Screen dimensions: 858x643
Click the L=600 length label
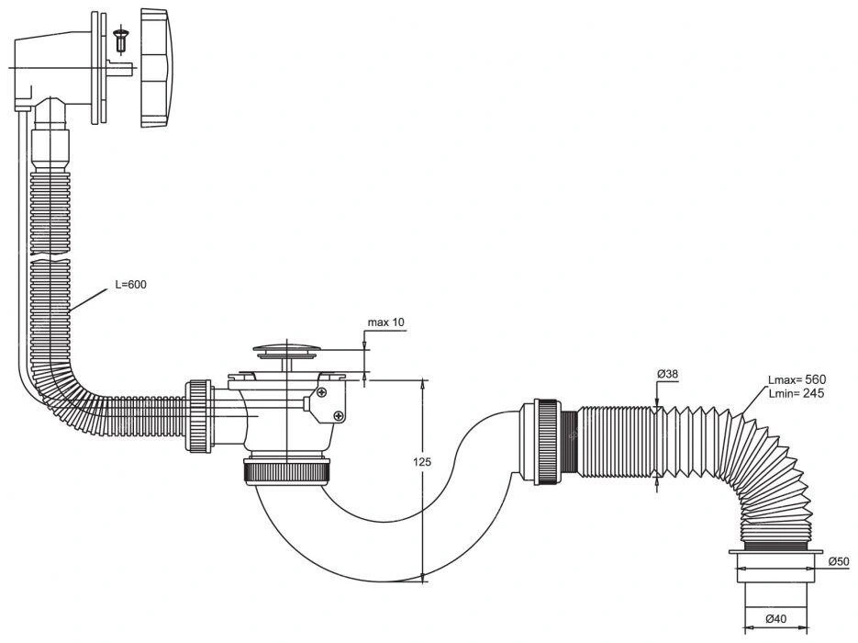tap(131, 285)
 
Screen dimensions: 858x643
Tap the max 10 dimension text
tap(385, 322)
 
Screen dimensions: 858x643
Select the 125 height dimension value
tap(422, 462)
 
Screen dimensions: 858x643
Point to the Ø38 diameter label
tap(667, 374)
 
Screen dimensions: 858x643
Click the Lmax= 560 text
tap(797, 379)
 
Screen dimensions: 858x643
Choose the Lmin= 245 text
tap(797, 393)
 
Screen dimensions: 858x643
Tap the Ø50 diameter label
tap(839, 561)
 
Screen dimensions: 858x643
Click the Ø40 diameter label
tap(776, 619)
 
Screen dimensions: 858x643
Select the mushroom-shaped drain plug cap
tap(285, 351)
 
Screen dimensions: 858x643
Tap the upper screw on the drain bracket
tap(322, 392)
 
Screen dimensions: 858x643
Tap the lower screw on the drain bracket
tap(340, 416)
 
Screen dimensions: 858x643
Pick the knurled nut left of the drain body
tap(199, 416)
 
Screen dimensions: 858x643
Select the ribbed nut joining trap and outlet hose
tap(547, 443)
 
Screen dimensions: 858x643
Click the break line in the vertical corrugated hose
tap(50, 255)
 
